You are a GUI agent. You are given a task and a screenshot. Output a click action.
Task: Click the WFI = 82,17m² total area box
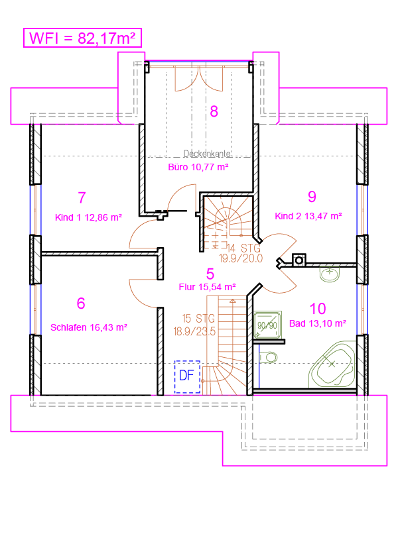click(x=82, y=38)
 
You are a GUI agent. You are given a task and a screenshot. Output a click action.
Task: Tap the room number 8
click(x=214, y=111)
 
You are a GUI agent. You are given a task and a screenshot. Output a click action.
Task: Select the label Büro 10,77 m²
click(x=198, y=167)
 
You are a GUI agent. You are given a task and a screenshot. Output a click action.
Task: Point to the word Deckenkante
click(x=207, y=154)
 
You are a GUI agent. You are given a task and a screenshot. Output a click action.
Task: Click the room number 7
click(x=82, y=197)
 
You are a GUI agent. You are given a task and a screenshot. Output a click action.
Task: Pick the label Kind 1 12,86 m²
click(x=89, y=217)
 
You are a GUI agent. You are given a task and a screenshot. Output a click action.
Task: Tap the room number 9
click(x=312, y=197)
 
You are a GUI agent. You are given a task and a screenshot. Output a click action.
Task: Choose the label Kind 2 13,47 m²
click(x=308, y=216)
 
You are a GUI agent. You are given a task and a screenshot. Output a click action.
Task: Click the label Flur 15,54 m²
click(x=207, y=287)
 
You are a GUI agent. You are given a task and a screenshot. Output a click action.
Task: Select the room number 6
click(x=81, y=303)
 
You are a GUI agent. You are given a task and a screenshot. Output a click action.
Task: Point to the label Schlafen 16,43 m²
click(x=89, y=327)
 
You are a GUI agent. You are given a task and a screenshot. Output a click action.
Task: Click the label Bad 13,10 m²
click(x=318, y=323)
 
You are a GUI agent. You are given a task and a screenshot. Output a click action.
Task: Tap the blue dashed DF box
click(x=187, y=377)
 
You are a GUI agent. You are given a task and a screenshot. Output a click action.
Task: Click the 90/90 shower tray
click(x=267, y=325)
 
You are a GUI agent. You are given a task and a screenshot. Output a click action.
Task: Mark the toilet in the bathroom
click(x=268, y=357)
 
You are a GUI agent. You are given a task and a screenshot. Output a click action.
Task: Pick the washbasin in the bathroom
click(x=330, y=274)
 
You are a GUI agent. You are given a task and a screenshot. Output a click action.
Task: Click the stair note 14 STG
click(x=243, y=248)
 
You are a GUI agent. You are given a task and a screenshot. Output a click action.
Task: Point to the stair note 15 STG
click(x=198, y=319)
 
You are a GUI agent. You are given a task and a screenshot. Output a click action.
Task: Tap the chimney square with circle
click(x=298, y=260)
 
